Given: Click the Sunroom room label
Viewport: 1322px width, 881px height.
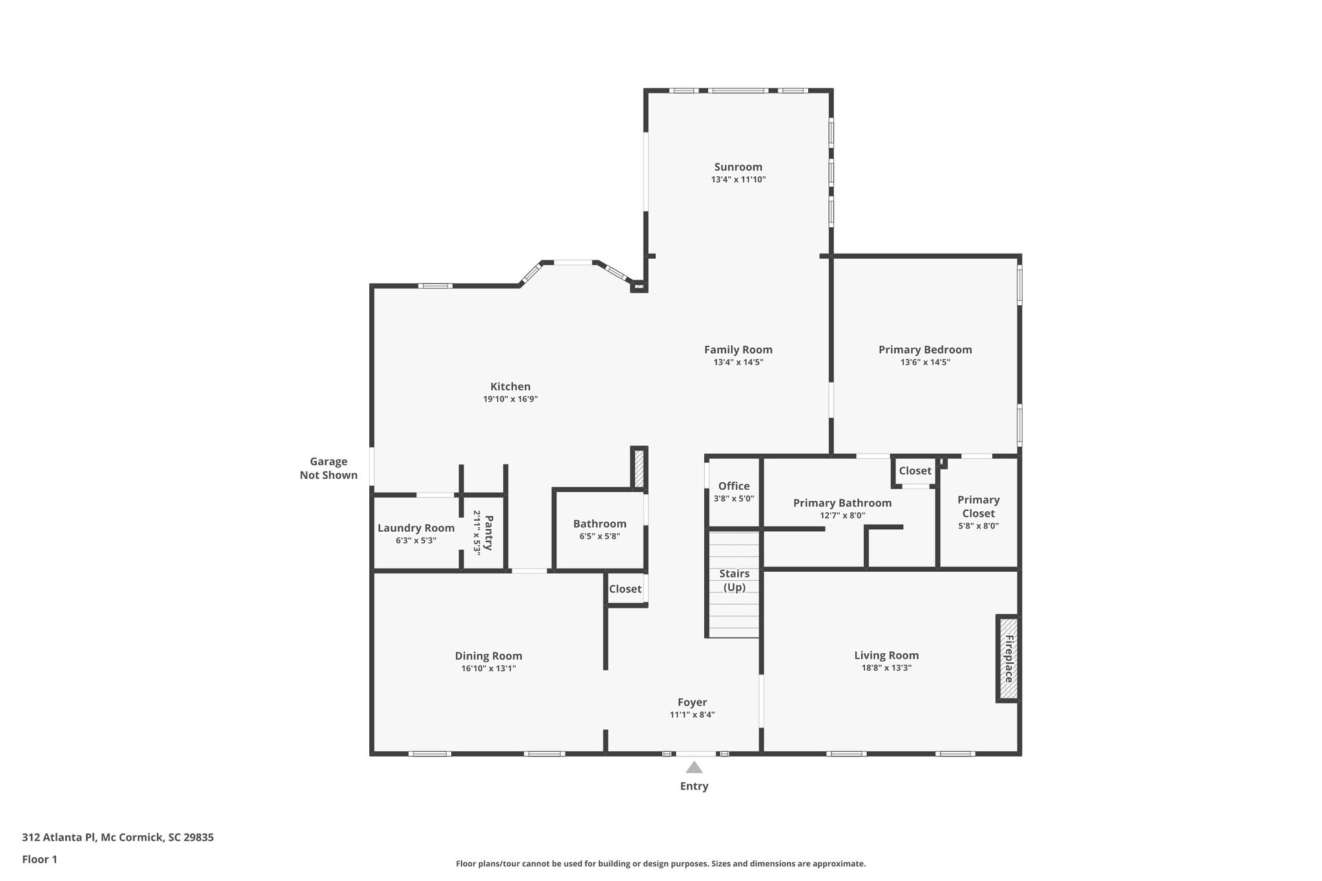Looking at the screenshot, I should [738, 167].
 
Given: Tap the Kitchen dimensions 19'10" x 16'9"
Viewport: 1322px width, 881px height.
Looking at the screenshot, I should [510, 400].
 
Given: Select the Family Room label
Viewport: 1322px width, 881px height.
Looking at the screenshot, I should [738, 349].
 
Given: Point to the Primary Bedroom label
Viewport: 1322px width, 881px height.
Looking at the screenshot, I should [924, 349].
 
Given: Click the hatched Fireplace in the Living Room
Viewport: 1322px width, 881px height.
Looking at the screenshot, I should [1008, 658].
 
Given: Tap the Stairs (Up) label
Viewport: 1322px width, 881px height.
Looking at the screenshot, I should [734, 580].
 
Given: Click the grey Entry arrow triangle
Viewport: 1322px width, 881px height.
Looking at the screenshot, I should [694, 767].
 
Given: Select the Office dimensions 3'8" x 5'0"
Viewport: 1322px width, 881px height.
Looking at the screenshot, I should [733, 499].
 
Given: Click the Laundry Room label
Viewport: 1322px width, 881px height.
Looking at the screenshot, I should [416, 528].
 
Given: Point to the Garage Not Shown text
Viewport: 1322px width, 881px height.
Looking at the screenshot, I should [329, 469].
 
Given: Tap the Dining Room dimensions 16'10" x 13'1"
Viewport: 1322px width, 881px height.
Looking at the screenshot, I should [488, 669].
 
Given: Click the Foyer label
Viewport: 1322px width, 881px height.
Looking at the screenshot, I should [692, 702].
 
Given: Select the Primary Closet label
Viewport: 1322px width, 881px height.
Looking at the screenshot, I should [978, 507].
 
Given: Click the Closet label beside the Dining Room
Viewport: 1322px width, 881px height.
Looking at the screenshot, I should [625, 589].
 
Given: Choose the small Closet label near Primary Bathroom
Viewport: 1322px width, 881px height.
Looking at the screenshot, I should [915, 471].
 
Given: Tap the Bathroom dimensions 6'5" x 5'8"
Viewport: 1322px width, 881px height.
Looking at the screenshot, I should [600, 536].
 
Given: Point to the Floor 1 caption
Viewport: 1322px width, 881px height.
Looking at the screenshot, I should [39, 859].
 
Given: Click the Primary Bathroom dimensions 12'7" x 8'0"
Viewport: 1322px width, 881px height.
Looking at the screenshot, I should [842, 516].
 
